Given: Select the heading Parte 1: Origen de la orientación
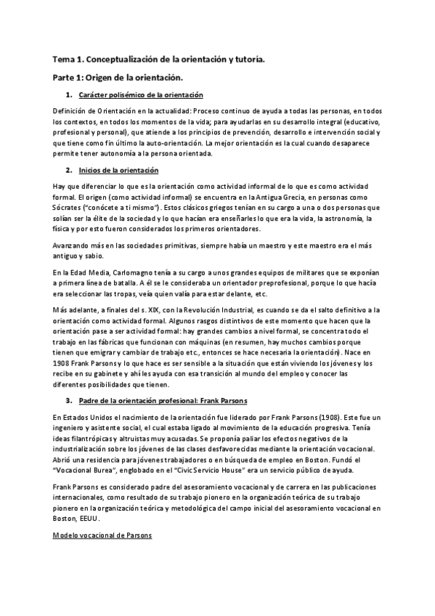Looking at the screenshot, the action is click(x=117, y=77).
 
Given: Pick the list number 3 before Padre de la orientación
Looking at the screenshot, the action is click(x=68, y=400).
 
